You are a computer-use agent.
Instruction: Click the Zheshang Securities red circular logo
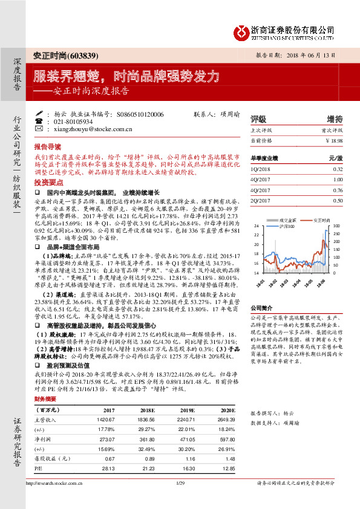[x=242, y=31]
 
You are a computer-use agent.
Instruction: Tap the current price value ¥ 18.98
[x=333, y=140]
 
